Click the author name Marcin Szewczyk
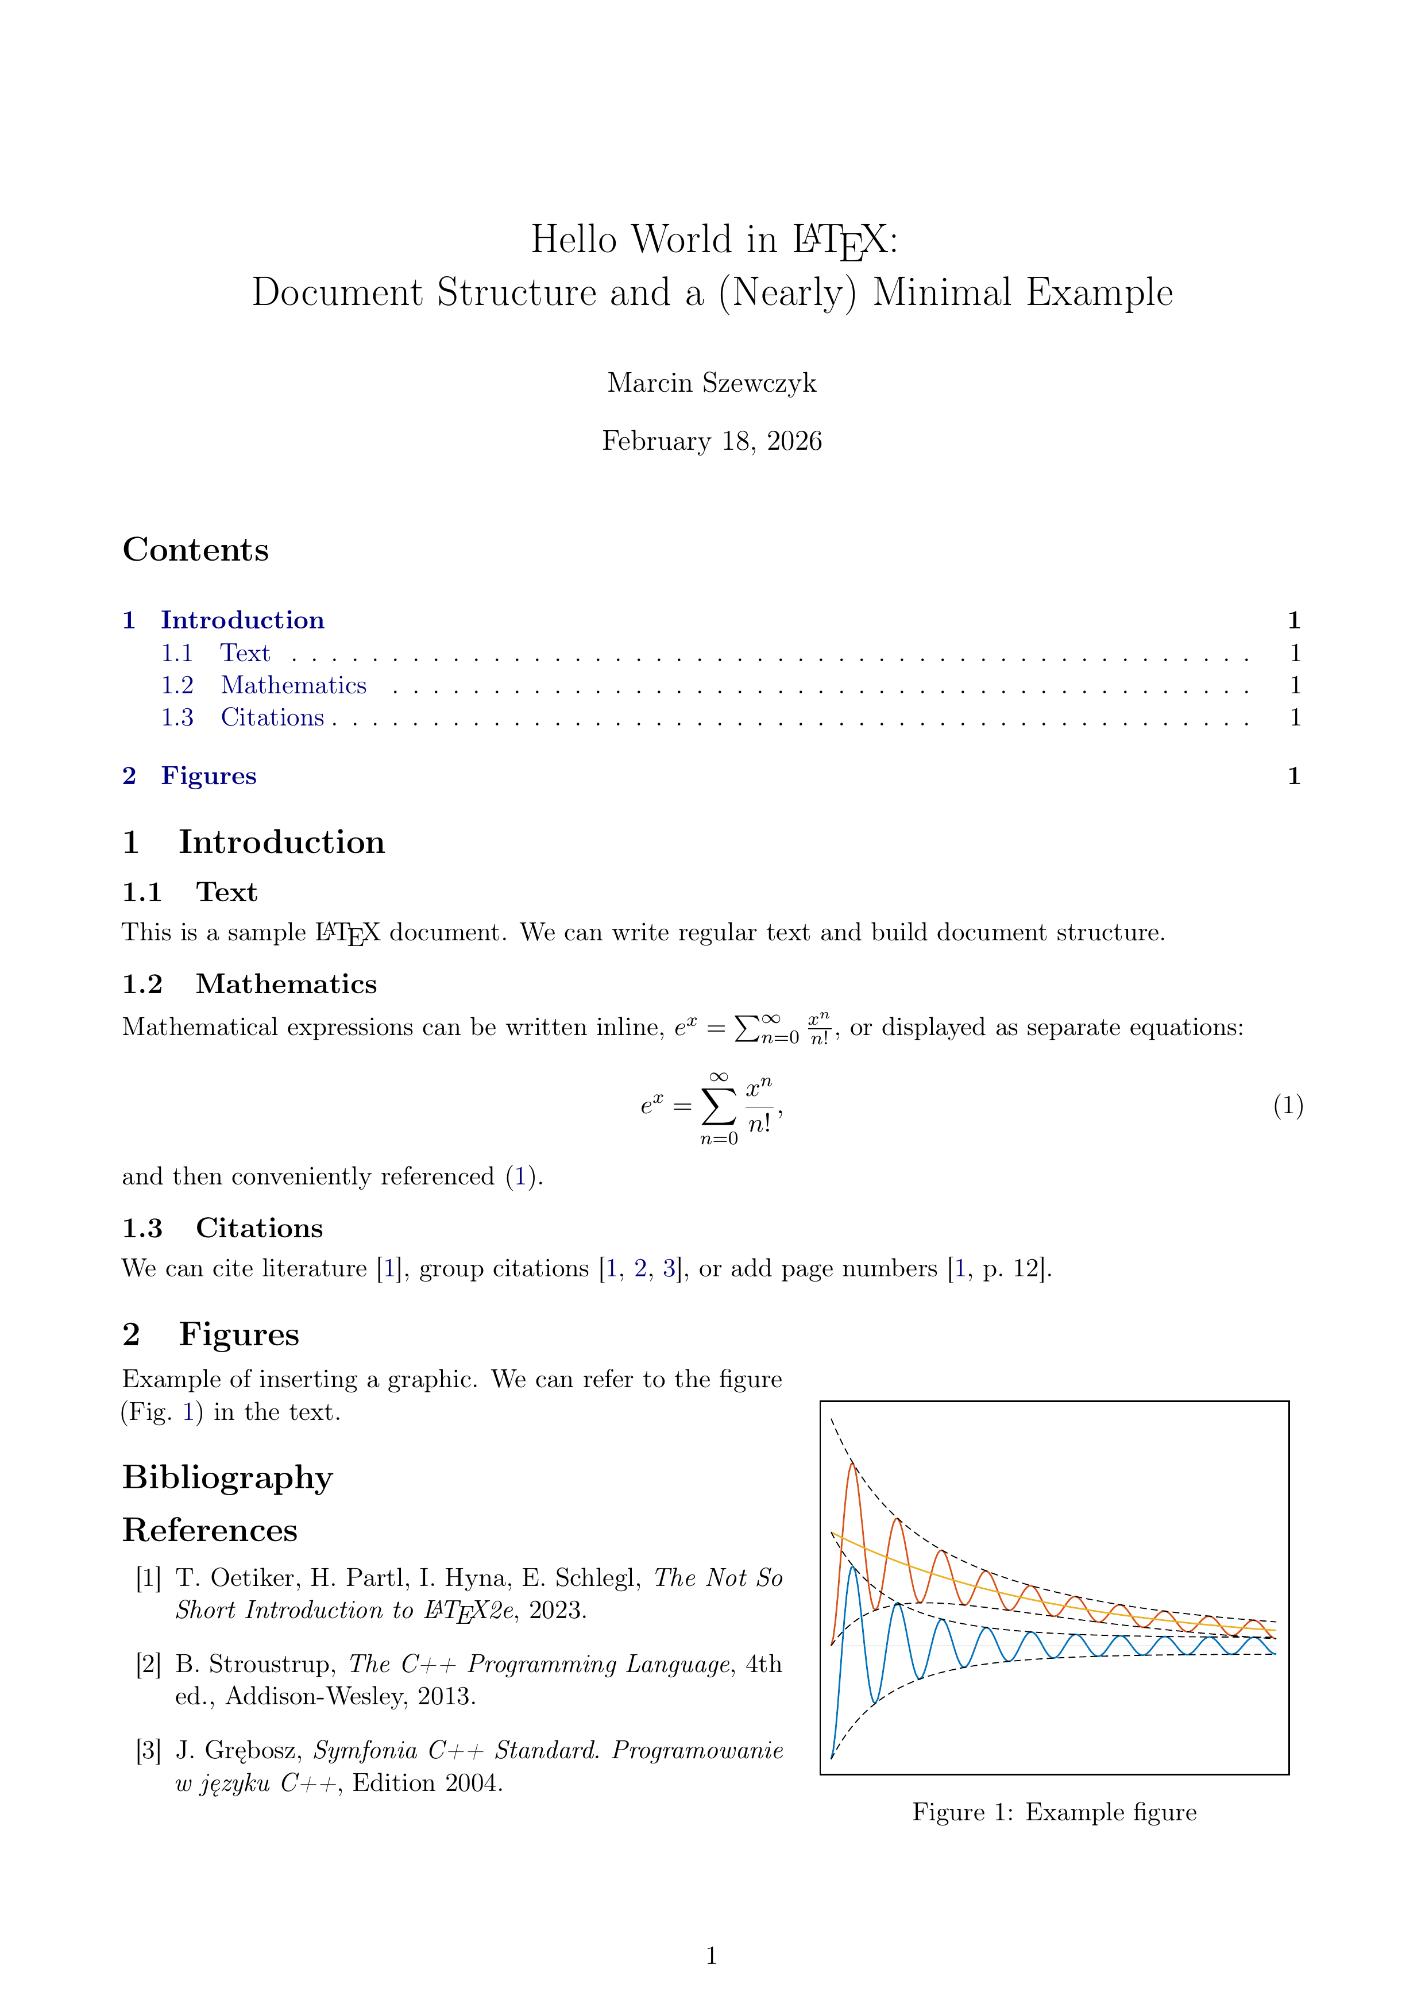tap(712, 384)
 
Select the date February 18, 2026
tap(712, 441)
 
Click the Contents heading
tap(196, 550)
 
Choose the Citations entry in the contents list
tap(272, 718)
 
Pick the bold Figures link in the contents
tap(209, 777)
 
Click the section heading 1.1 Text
tap(190, 893)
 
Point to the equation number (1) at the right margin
tap(1287, 1106)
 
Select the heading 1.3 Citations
tap(222, 1229)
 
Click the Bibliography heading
tap(227, 1478)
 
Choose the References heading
tap(210, 1531)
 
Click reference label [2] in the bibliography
tap(148, 1665)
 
